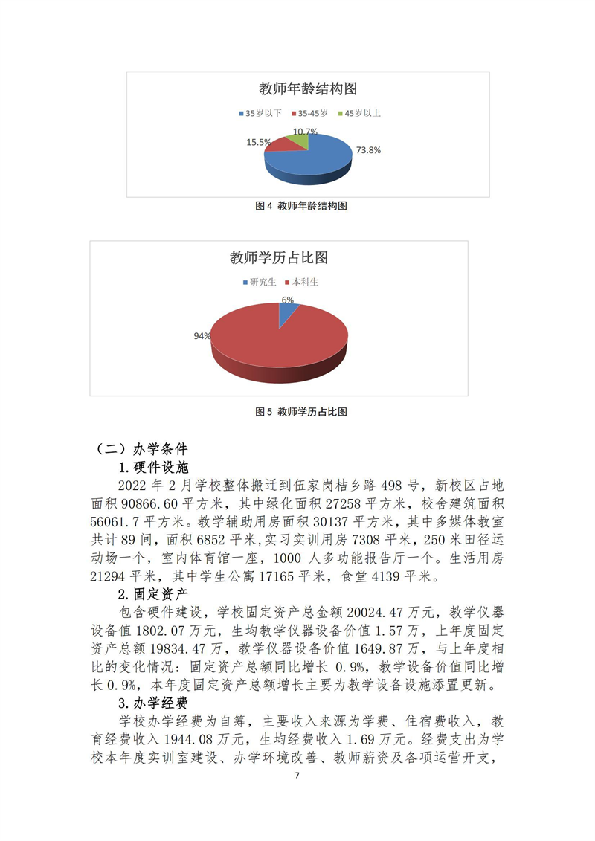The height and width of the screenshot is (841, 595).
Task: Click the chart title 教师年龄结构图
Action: (308, 89)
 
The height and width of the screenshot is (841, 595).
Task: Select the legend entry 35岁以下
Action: (260, 114)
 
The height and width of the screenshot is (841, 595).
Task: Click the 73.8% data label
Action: (369, 149)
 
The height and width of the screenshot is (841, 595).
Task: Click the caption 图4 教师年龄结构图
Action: (301, 206)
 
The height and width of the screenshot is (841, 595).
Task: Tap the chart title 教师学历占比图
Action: (279, 258)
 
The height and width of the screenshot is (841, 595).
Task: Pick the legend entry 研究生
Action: (260, 283)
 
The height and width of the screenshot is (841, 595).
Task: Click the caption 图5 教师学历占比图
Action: (301, 411)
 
